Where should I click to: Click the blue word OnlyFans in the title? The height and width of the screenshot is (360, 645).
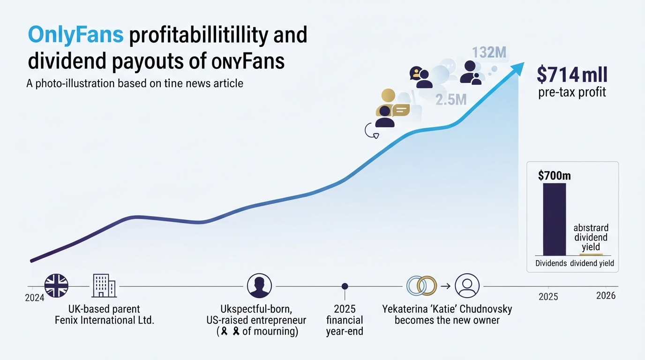pos(76,35)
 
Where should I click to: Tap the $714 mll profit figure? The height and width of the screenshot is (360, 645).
pos(572,75)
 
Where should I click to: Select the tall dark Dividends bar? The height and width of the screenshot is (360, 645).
pos(554,219)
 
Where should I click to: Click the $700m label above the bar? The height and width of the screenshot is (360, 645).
pos(554,175)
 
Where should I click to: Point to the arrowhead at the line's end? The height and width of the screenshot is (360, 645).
pos(517,68)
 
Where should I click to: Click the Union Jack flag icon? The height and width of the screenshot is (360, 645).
pos(56,285)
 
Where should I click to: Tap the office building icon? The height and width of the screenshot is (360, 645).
pos(104,285)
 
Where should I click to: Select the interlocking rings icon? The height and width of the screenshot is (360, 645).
pos(421,285)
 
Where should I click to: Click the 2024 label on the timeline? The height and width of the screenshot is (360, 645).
pos(35,298)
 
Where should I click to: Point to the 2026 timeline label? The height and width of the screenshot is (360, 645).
pos(606,296)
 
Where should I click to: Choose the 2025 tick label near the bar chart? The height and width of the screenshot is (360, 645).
pos(548,297)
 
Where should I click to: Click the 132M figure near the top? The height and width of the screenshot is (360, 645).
pos(489,52)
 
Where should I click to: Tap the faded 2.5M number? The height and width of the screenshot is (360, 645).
pos(451,100)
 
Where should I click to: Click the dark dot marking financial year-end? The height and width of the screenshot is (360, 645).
pos(345,286)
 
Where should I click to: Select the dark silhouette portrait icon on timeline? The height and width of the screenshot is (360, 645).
pos(259,285)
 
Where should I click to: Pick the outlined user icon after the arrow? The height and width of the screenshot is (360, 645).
pos(467,285)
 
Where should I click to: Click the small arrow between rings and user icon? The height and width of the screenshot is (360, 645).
pos(445,286)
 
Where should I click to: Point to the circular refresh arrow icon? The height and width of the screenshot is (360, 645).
pos(371,131)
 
